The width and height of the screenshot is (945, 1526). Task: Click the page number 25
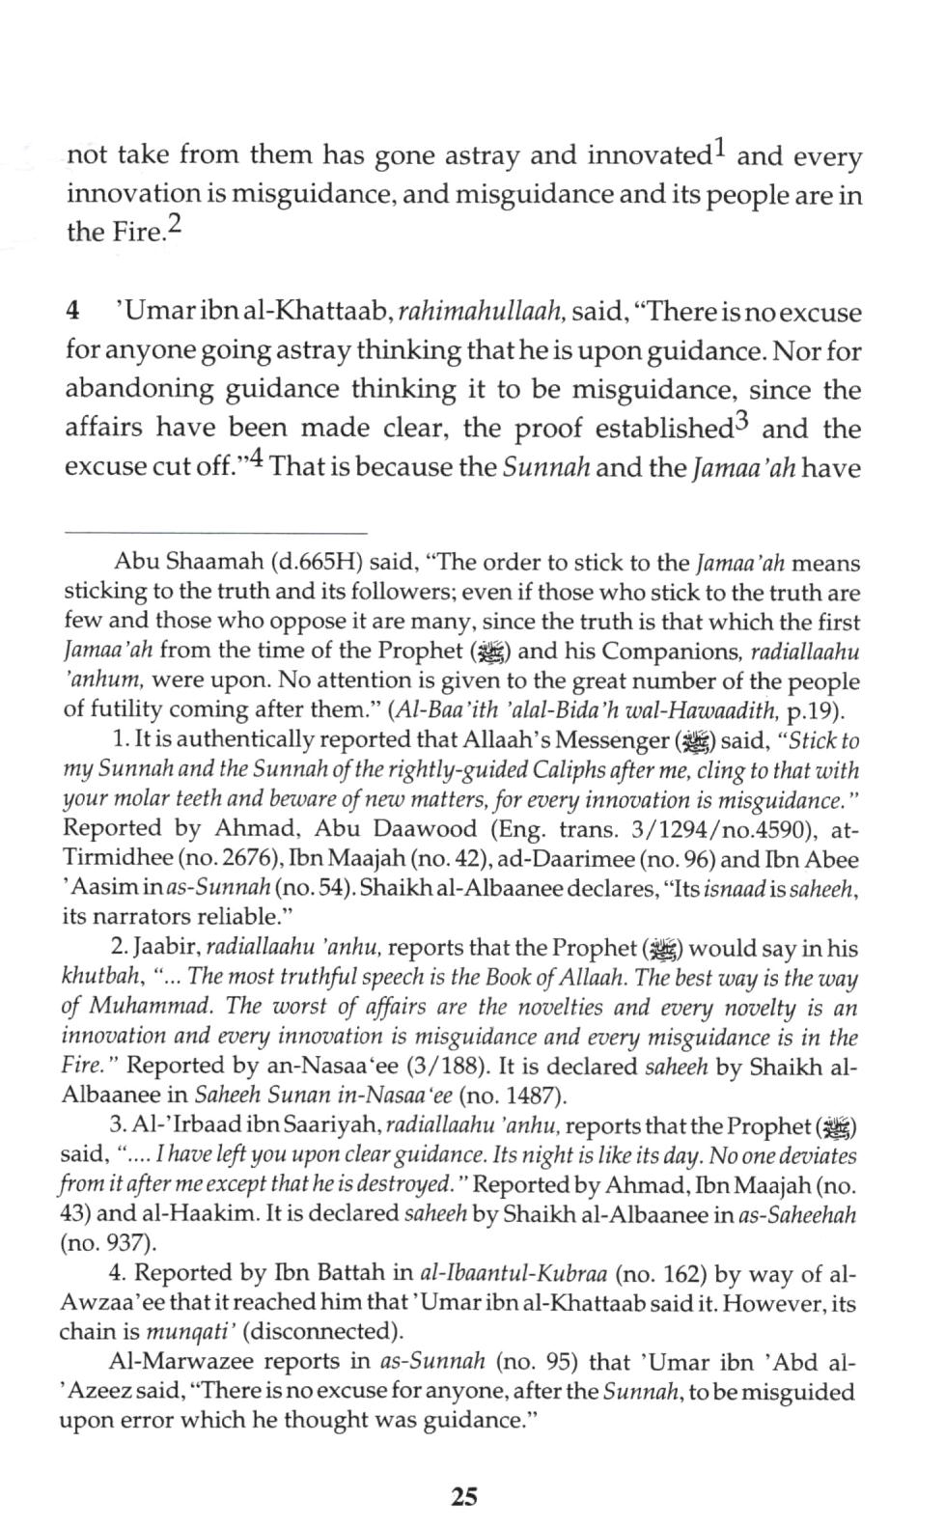pos(463,1496)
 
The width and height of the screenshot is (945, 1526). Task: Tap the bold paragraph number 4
pos(71,313)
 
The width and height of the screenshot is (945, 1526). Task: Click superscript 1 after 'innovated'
pos(720,150)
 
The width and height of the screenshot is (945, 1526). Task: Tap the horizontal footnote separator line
pos(215,533)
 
